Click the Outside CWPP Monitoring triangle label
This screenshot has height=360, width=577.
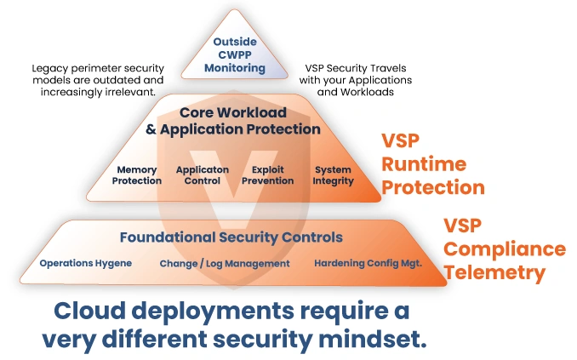click(x=235, y=54)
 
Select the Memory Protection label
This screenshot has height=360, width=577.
click(x=137, y=175)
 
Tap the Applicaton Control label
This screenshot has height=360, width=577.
click(x=203, y=175)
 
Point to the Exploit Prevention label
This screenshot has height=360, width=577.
click(x=267, y=175)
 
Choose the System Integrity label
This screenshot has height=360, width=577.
click(x=333, y=175)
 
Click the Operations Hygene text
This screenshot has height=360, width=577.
click(x=86, y=264)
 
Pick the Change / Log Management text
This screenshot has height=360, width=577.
click(x=225, y=264)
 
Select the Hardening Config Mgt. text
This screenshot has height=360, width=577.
click(x=368, y=264)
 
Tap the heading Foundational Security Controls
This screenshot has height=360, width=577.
click(x=231, y=237)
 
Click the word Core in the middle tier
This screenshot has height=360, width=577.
click(x=197, y=112)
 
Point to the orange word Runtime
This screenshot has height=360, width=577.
click(x=424, y=164)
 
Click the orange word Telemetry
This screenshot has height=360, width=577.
click(x=494, y=272)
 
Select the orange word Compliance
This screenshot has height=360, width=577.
click(x=505, y=249)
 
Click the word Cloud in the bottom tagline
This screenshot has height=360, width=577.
click(x=90, y=311)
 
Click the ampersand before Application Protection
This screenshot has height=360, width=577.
click(x=151, y=129)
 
